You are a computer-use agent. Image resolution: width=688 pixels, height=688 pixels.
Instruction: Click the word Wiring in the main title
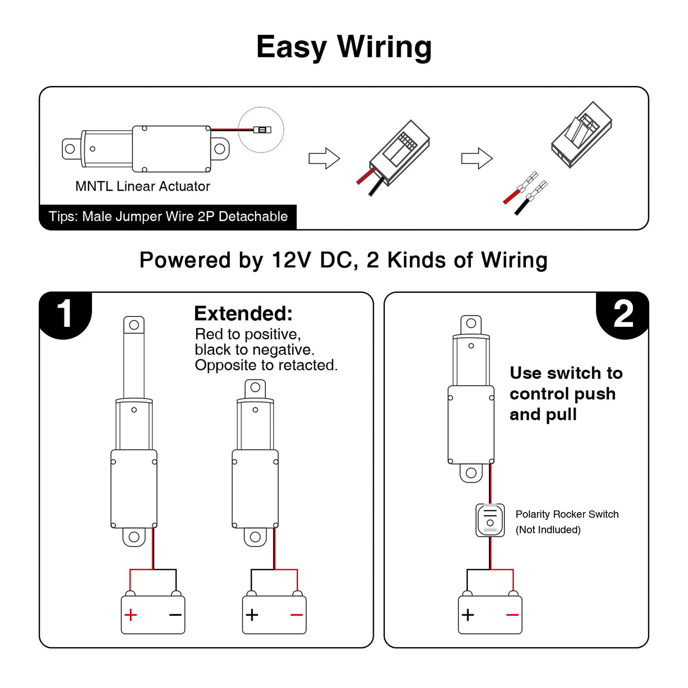tap(384, 48)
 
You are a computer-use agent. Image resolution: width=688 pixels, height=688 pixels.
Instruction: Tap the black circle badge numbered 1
tap(65, 315)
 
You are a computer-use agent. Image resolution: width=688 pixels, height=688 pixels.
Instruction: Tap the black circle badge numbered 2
tap(623, 315)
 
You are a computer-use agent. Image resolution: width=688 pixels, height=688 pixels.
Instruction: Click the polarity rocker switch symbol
tap(490, 520)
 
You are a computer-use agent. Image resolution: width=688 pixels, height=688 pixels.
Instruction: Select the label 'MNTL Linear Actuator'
tap(143, 186)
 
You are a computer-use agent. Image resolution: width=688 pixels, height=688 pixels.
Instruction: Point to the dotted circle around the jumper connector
tap(261, 130)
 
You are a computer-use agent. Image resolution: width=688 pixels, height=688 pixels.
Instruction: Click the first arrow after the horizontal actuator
tap(324, 158)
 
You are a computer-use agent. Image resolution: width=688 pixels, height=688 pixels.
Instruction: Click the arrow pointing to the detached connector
tap(477, 158)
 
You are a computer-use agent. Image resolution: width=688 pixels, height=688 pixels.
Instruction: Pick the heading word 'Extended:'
tap(243, 314)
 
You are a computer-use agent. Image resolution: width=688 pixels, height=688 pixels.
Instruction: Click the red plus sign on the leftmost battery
tap(131, 615)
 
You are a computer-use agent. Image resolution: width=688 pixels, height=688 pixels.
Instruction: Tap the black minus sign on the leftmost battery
tap(175, 615)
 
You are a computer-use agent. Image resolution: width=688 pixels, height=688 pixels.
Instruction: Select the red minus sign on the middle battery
tap(296, 615)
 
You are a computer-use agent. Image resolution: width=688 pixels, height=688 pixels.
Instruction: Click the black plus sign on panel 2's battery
tap(468, 615)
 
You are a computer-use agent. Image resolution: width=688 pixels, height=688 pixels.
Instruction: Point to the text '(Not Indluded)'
tap(548, 530)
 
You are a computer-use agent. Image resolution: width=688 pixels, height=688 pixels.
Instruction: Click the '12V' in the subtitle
tap(291, 260)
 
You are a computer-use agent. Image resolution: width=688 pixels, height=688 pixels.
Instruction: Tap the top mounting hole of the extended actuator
tap(134, 324)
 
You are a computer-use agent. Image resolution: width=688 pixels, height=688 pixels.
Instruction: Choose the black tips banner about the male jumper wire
tap(168, 217)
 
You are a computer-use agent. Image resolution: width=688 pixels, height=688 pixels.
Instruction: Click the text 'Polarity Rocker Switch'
tap(567, 514)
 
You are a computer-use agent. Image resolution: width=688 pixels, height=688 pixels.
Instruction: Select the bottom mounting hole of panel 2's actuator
tap(471, 473)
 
